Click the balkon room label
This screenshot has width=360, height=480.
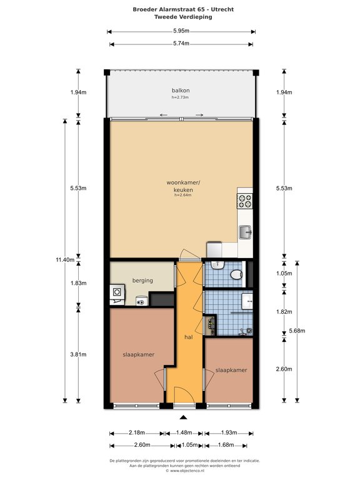(181, 90)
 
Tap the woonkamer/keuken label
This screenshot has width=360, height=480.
(183, 186)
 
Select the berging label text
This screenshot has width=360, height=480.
(142, 281)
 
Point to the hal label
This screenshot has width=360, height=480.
(189, 337)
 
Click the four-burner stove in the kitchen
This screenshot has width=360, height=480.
(245, 201)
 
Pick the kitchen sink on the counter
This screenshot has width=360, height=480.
(245, 232)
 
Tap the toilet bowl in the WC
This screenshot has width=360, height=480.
(236, 274)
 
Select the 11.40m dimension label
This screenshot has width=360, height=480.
(65, 259)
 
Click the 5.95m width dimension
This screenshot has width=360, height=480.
(181, 31)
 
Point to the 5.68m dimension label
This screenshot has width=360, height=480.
(297, 331)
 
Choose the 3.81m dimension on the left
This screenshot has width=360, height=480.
(78, 354)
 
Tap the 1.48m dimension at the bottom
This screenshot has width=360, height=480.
(184, 432)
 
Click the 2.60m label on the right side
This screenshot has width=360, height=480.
(284, 369)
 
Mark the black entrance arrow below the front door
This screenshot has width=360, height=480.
(183, 417)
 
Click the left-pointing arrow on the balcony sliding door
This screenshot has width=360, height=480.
(164, 115)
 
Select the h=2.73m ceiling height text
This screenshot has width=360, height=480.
(180, 97)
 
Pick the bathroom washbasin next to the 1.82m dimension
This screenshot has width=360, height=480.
(247, 301)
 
